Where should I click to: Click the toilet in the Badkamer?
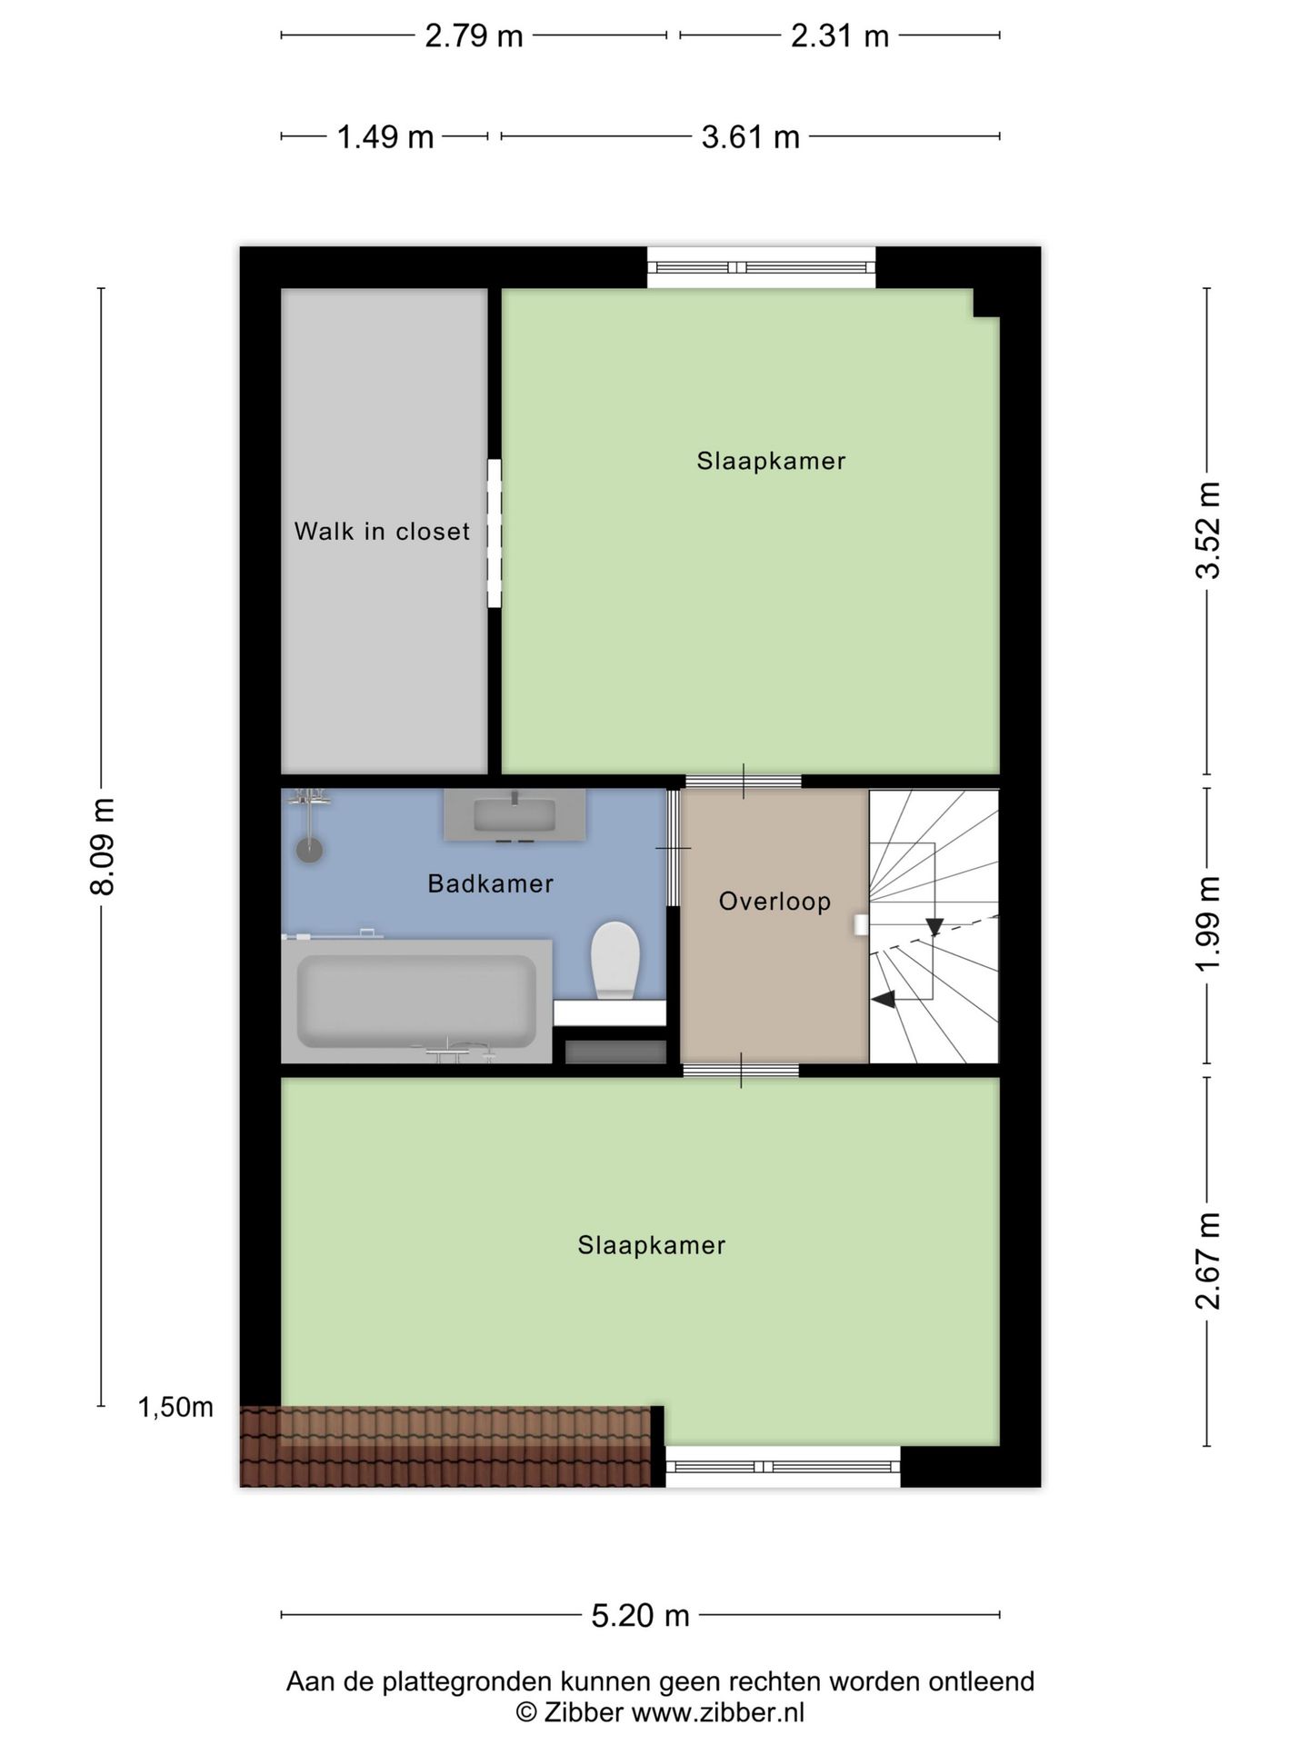coord(615,961)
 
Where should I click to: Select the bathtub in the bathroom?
coord(416,1001)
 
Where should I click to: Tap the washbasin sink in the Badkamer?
coord(515,813)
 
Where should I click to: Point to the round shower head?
coord(310,850)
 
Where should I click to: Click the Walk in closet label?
coord(382,531)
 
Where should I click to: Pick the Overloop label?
coord(774,902)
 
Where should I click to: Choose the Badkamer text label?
coord(491,883)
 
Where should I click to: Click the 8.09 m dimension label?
coord(103,846)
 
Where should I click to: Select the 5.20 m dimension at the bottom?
coord(641,1615)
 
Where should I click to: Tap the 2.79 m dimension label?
coord(474,36)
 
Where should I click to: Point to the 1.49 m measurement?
coord(385,137)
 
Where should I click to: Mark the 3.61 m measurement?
coord(750,137)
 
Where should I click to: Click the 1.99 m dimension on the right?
coord(1207,923)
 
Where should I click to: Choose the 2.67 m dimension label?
coord(1207,1261)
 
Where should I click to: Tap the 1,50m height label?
coord(175,1408)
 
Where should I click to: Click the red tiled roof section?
coord(445,1446)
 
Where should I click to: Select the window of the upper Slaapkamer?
coord(762,267)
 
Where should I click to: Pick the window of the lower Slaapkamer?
coord(782,1466)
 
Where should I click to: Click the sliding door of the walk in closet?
coord(494,533)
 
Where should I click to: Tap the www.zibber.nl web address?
coord(718,1713)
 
